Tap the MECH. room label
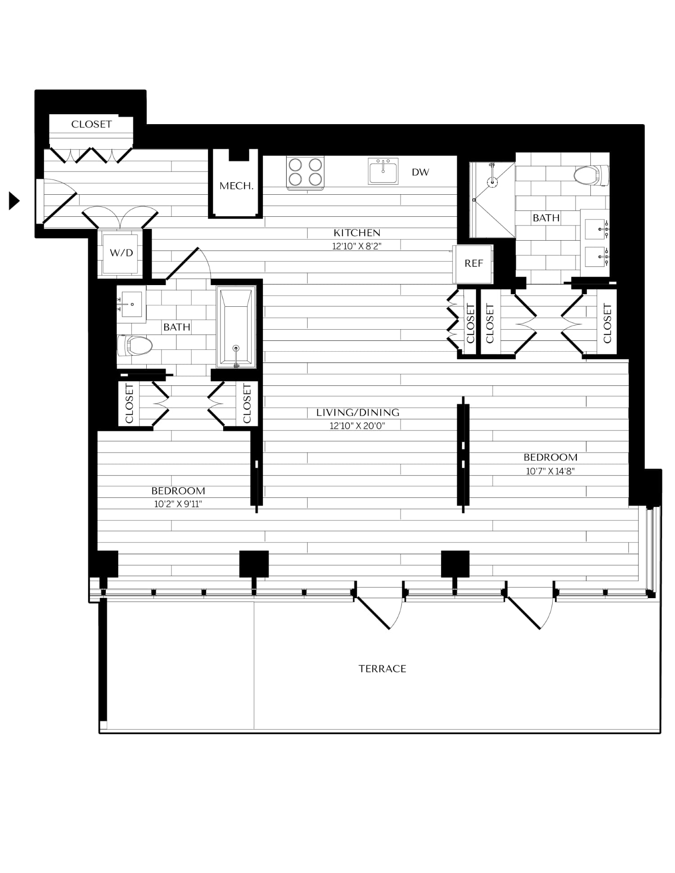click(x=237, y=186)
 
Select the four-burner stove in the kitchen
click(x=306, y=173)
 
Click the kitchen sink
click(x=383, y=171)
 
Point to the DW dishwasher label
click(x=420, y=172)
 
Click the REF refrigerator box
click(x=473, y=264)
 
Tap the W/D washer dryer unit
click(x=121, y=253)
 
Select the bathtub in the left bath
click(x=236, y=327)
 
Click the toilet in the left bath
click(x=135, y=345)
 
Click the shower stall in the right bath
click(x=492, y=200)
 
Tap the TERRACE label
click(x=382, y=669)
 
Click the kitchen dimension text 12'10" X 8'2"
click(x=357, y=246)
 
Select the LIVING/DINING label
click(x=358, y=412)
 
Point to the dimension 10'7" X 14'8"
click(x=550, y=471)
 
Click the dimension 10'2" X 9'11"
click(x=178, y=504)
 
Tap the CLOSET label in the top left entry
click(x=91, y=124)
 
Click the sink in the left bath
click(x=131, y=304)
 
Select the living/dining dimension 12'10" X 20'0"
click(x=358, y=426)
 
